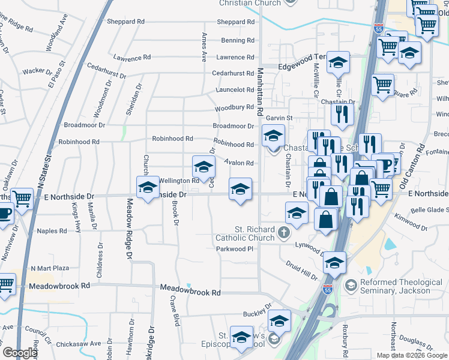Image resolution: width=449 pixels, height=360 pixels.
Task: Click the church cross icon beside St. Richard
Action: point(284,232)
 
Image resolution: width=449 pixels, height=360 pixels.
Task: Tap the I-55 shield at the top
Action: point(378,28)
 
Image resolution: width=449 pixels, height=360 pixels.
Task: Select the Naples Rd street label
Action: point(52,231)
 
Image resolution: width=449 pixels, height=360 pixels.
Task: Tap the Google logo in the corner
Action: point(20,353)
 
